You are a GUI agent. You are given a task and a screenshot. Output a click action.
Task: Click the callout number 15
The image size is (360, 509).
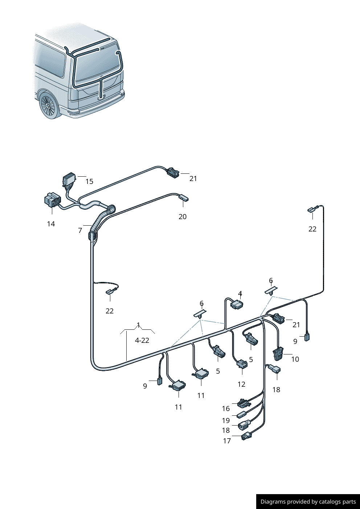click(89, 181)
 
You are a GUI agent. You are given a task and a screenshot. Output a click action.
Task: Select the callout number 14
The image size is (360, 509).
click(51, 224)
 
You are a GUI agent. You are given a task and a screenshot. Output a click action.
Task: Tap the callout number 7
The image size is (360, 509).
click(80, 230)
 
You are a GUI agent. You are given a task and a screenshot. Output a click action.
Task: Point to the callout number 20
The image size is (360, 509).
click(183, 217)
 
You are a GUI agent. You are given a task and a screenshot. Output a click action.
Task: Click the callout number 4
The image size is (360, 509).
click(240, 294)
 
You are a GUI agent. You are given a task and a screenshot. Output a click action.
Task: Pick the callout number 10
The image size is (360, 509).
click(295, 359)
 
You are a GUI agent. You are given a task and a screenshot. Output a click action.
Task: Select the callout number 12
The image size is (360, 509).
click(241, 384)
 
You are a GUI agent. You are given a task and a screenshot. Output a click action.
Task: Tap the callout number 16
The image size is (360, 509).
click(226, 409)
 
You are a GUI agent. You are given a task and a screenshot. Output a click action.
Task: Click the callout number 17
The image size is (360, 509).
click(227, 441)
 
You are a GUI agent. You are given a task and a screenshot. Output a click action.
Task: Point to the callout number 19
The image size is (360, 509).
click(226, 420)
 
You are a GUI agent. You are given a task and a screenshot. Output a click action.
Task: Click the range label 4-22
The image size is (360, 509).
click(142, 340)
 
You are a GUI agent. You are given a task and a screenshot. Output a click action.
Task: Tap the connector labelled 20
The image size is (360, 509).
click(184, 198)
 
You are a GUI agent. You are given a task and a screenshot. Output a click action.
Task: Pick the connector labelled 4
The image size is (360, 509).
click(237, 304)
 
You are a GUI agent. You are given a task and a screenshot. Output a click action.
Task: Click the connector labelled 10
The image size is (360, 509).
click(278, 354)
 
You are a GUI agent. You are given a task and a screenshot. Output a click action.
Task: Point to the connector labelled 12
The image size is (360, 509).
click(242, 364)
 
